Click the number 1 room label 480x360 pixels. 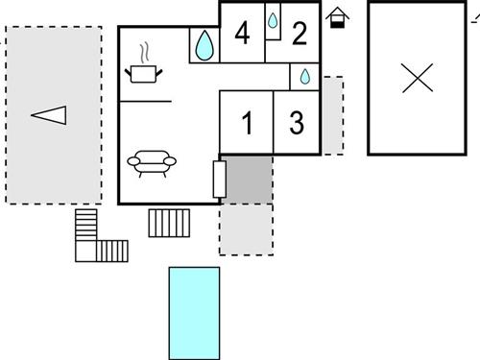tap(248, 123)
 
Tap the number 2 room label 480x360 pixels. tap(300, 35)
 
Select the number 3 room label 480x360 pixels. tap(297, 123)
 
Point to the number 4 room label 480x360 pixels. tap(242, 35)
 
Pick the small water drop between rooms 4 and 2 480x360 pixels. tap(273, 20)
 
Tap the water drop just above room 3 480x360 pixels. tap(304, 76)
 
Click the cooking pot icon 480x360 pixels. tap(142, 74)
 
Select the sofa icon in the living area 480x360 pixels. tap(150, 162)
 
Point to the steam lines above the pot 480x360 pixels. tap(144, 51)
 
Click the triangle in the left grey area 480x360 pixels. tap(50, 115)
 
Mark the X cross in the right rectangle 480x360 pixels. tap(417, 78)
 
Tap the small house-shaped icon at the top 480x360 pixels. tap(337, 16)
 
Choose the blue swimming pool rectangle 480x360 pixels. tap(194, 309)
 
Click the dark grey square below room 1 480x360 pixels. tap(248, 178)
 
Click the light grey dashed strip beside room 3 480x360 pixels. tap(332, 115)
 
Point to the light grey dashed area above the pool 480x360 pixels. tap(246, 228)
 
